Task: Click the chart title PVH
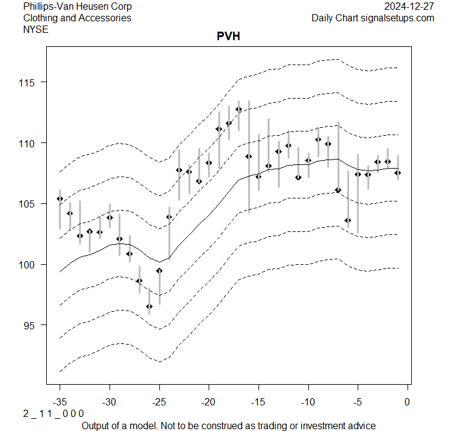pyautogui.click(x=229, y=36)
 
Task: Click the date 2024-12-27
pyautogui.click(x=410, y=7)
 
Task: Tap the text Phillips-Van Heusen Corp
pyautogui.click(x=77, y=7)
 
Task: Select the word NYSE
pyautogui.click(x=36, y=29)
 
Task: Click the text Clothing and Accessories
pyautogui.click(x=77, y=18)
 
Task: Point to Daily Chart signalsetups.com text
pyautogui.click(x=373, y=18)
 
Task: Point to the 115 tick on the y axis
pyautogui.click(x=29, y=82)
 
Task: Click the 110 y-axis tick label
pyautogui.click(x=29, y=143)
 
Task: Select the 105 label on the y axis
pyautogui.click(x=29, y=204)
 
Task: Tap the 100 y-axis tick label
pyautogui.click(x=29, y=265)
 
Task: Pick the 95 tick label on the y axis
pyautogui.click(x=32, y=326)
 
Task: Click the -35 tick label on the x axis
pyautogui.click(x=60, y=402)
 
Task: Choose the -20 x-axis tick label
pyautogui.click(x=209, y=402)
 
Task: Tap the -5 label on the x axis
pyautogui.click(x=358, y=402)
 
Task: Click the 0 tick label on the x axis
pyautogui.click(x=408, y=402)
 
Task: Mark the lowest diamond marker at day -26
pyautogui.click(x=149, y=307)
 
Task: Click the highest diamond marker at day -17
pyautogui.click(x=238, y=110)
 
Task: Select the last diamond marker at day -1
pyautogui.click(x=398, y=173)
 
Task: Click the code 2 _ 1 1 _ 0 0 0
pyautogui.click(x=54, y=413)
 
